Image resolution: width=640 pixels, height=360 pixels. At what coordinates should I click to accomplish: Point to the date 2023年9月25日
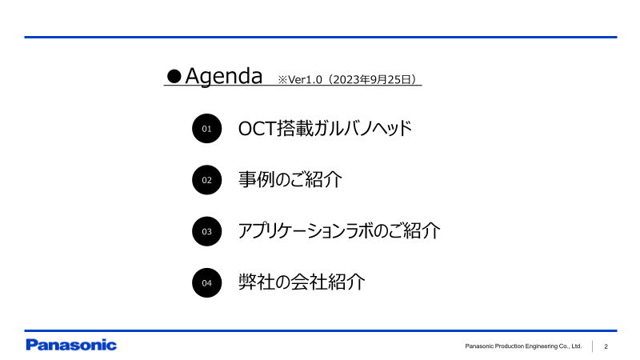point(371,80)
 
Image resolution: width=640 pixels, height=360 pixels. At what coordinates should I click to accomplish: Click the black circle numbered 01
point(206,129)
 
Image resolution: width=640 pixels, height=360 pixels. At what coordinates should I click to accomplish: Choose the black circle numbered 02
point(206,180)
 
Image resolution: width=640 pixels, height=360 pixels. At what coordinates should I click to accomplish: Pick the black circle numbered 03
point(206,231)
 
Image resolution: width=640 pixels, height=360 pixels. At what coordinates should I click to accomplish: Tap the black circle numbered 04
point(206,282)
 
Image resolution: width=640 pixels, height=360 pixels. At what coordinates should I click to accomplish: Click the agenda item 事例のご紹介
point(290,179)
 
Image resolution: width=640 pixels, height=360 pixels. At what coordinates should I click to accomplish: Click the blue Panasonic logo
point(71,346)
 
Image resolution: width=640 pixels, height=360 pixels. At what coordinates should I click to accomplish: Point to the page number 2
point(606,346)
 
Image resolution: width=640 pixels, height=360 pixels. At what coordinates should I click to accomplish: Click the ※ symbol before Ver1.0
point(282,80)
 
